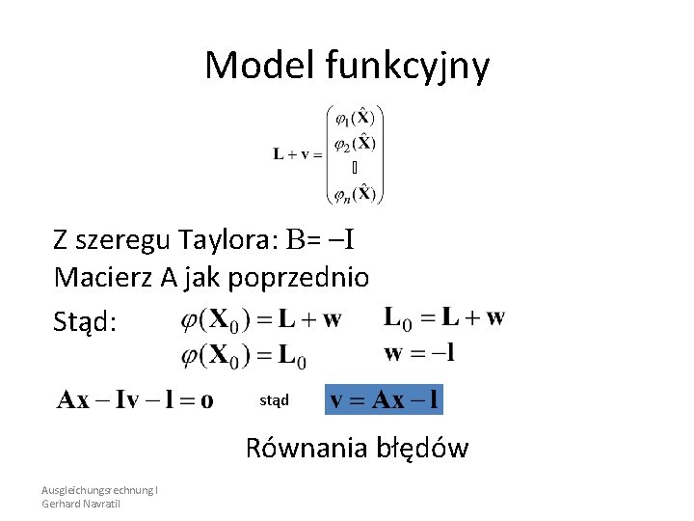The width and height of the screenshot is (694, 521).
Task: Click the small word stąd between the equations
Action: point(275,398)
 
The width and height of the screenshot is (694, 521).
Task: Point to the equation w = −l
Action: point(420,352)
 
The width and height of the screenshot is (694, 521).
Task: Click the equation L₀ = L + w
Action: point(443,316)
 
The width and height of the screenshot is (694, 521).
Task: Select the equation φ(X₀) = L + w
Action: point(260,319)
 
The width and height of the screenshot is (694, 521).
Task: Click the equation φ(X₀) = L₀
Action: point(244,356)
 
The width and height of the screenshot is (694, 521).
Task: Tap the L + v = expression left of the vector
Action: point(297,153)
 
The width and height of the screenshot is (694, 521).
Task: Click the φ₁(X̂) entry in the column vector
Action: point(355,119)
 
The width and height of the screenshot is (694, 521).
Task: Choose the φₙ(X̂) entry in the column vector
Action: point(355,194)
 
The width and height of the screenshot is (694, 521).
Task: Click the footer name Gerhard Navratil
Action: point(81,504)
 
